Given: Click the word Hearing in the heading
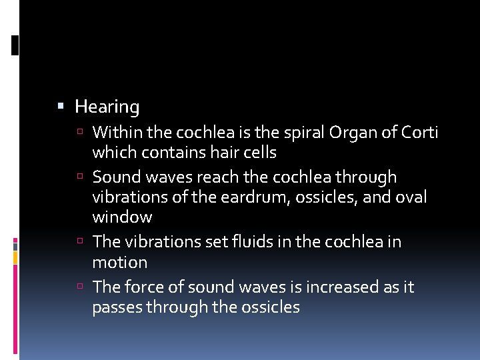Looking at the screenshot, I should [x=107, y=107].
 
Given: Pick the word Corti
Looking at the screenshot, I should [x=419, y=132].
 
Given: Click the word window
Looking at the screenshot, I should [x=122, y=217].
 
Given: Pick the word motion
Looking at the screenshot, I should [x=119, y=262].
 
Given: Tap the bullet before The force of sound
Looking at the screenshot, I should [x=79, y=287].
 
